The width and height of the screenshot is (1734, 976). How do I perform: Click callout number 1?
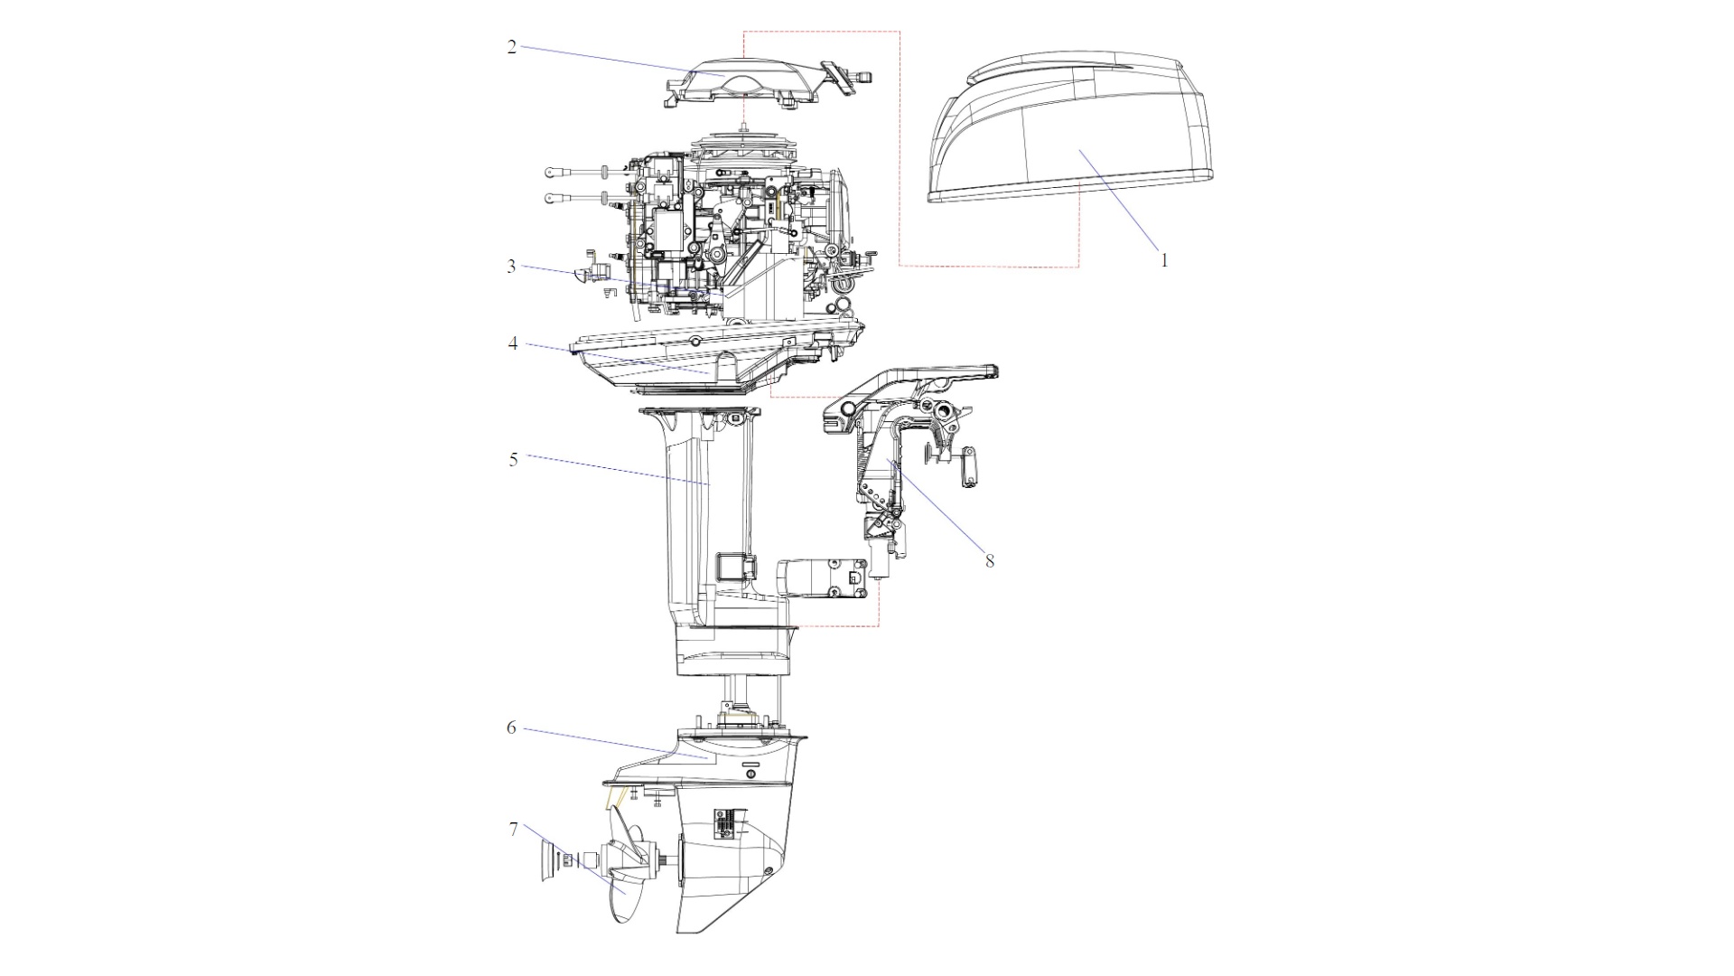pyautogui.click(x=1164, y=260)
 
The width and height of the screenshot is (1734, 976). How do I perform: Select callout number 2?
pyautogui.click(x=512, y=47)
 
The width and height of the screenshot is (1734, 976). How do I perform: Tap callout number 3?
pyautogui.click(x=512, y=267)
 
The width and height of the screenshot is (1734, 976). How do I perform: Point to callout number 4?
pyautogui.click(x=513, y=343)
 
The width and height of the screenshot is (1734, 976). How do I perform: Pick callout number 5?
pyautogui.click(x=513, y=460)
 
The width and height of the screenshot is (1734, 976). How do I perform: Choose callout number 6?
pyautogui.click(x=511, y=727)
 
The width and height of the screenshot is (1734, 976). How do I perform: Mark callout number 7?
pyautogui.click(x=513, y=829)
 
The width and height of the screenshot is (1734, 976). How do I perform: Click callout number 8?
pyautogui.click(x=990, y=561)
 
